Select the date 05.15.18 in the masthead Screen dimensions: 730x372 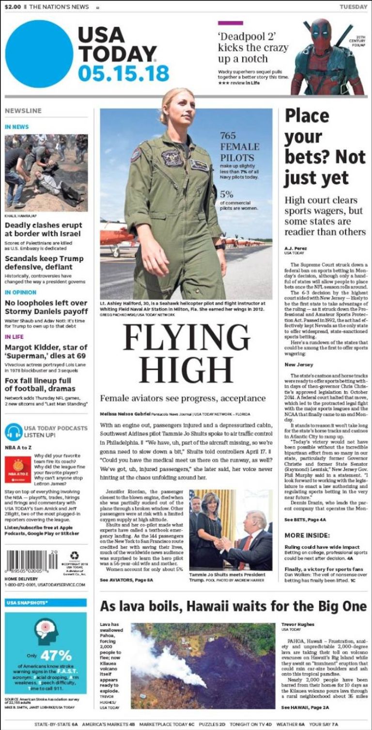(x=124, y=73)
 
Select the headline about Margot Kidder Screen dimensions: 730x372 (x=46, y=351)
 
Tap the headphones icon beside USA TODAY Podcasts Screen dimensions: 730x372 (x=14, y=431)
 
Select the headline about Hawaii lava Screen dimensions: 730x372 (x=233, y=606)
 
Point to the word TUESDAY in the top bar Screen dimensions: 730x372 (x=353, y=7)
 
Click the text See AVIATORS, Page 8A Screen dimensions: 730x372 (x=126, y=579)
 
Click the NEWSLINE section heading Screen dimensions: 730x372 (x=23, y=111)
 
